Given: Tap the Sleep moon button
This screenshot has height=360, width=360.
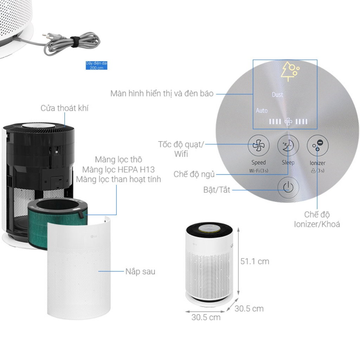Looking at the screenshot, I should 288,146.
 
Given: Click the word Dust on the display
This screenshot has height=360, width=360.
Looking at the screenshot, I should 277,95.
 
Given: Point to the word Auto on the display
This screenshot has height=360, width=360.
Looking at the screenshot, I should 262,111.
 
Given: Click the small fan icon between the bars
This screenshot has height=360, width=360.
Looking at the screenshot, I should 288,122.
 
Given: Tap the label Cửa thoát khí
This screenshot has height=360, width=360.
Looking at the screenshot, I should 64,108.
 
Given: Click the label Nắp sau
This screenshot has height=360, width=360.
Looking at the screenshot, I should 140,272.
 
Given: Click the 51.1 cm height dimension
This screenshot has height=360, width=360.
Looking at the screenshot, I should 255,262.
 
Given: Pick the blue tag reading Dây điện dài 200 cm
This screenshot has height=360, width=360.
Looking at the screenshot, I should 96,65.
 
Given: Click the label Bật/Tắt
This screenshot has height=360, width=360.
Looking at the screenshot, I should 217,190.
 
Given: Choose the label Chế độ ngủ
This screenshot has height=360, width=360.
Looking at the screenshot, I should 194,174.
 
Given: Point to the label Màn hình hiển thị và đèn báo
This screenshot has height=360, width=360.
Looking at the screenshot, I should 162,94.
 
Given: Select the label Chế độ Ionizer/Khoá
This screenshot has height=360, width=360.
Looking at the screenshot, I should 317,219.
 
